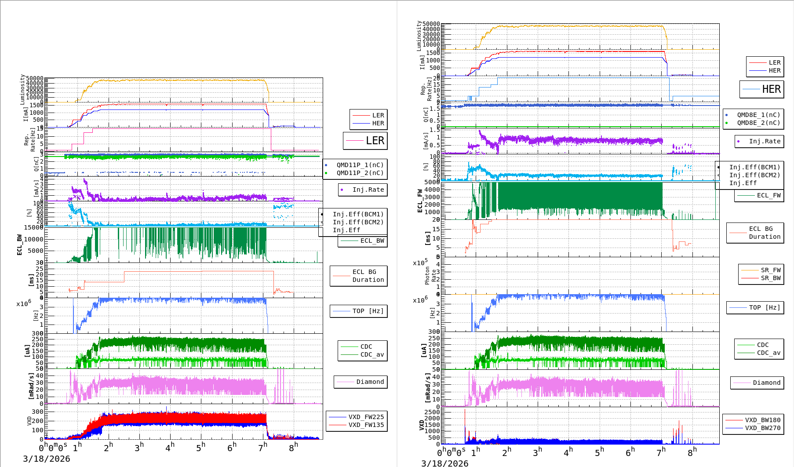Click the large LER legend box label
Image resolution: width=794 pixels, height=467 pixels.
[375, 141]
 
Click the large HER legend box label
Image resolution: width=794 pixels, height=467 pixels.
[771, 89]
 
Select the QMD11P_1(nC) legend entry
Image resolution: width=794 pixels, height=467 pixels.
[360, 165]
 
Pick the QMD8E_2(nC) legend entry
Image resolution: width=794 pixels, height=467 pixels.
[758, 123]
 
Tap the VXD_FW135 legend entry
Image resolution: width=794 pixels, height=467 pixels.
[366, 425]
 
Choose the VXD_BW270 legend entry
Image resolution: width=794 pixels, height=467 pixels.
[762, 428]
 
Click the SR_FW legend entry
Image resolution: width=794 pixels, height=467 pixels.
[771, 270]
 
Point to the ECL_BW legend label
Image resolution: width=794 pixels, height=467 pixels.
[372, 241]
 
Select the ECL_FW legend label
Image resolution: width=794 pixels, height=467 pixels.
[769, 195]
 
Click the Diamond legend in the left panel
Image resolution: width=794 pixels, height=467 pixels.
[370, 382]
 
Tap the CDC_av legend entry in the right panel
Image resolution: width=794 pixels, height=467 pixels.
[769, 353]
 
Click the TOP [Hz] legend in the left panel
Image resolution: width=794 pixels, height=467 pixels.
[368, 311]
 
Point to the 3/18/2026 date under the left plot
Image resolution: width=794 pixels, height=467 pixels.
[47, 459]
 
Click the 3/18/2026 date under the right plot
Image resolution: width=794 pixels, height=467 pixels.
[444, 463]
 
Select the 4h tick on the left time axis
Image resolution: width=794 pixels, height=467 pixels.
[170, 448]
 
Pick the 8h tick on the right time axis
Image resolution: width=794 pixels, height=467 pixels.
[692, 452]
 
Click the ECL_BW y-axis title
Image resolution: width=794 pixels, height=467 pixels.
[19, 244]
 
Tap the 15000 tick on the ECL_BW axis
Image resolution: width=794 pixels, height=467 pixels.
[34, 227]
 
